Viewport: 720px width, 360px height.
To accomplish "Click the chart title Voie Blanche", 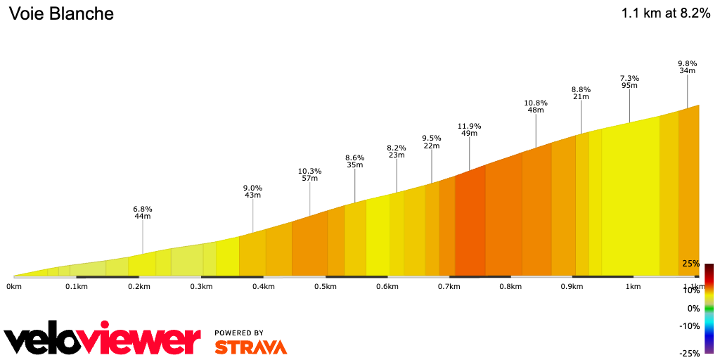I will [x=61, y=14].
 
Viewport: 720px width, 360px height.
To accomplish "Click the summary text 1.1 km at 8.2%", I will [x=666, y=14].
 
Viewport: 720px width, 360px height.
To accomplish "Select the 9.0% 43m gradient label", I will [x=252, y=191].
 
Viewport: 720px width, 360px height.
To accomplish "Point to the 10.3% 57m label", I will [x=309, y=174].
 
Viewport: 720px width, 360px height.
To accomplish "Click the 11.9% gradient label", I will [x=469, y=129].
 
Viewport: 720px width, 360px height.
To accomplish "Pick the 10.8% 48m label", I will [x=536, y=106].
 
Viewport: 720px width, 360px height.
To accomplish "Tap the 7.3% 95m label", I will [x=629, y=82].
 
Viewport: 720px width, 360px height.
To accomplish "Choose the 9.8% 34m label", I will [x=687, y=67].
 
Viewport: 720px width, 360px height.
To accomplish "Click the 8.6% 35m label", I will [x=354, y=161].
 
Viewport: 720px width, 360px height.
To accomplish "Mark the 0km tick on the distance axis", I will [x=13, y=287].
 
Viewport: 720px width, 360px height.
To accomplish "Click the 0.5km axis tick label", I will [x=325, y=287].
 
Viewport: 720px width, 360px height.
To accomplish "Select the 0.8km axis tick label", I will [x=510, y=287].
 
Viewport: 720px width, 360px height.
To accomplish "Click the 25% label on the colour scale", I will [x=690, y=264].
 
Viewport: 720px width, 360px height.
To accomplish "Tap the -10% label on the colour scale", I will [x=689, y=326].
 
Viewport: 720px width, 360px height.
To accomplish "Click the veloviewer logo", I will [x=103, y=340].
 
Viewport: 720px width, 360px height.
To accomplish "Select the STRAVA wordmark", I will [x=250, y=347].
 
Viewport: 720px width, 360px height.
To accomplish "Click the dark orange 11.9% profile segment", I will [x=470, y=225].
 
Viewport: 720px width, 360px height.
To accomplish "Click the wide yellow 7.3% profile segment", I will [x=630, y=204].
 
